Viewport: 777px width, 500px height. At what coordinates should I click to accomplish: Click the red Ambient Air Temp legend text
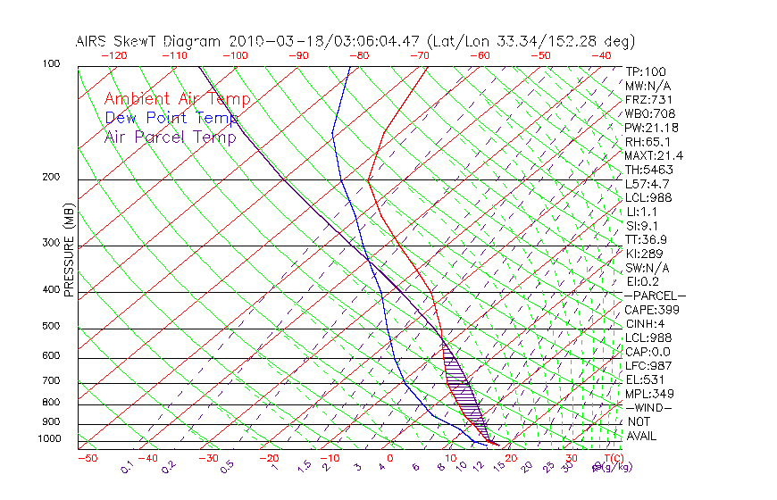pos(177,99)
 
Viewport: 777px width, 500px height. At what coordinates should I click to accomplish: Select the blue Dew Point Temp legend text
pos(171,118)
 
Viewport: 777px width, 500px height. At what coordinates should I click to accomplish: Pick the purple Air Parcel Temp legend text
pos(170,137)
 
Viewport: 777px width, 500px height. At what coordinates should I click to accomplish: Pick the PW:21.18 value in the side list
pos(651,128)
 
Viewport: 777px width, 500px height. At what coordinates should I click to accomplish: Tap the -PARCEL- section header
pos(655,296)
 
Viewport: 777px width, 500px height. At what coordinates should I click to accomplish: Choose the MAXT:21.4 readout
pos(654,156)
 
